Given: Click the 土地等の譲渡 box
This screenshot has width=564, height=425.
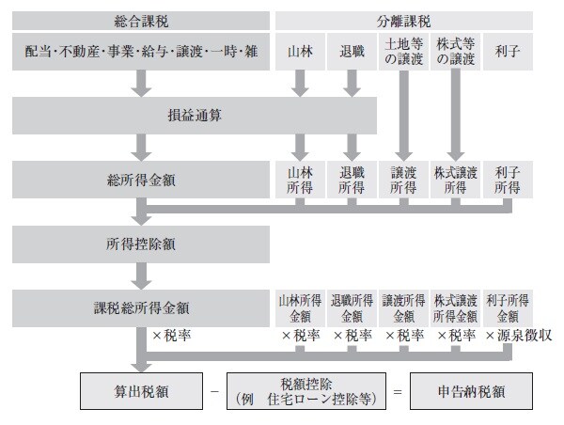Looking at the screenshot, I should coord(403,53).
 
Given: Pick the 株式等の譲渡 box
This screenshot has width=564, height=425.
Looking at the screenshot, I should coord(456,53).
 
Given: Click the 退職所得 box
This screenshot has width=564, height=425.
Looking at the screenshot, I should coord(351,180).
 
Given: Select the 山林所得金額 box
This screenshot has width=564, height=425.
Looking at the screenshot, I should coord(299,307).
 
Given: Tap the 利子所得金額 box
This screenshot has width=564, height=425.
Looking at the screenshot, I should coord(509,307).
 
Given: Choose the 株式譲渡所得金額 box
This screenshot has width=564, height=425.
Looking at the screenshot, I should coord(456,307).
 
